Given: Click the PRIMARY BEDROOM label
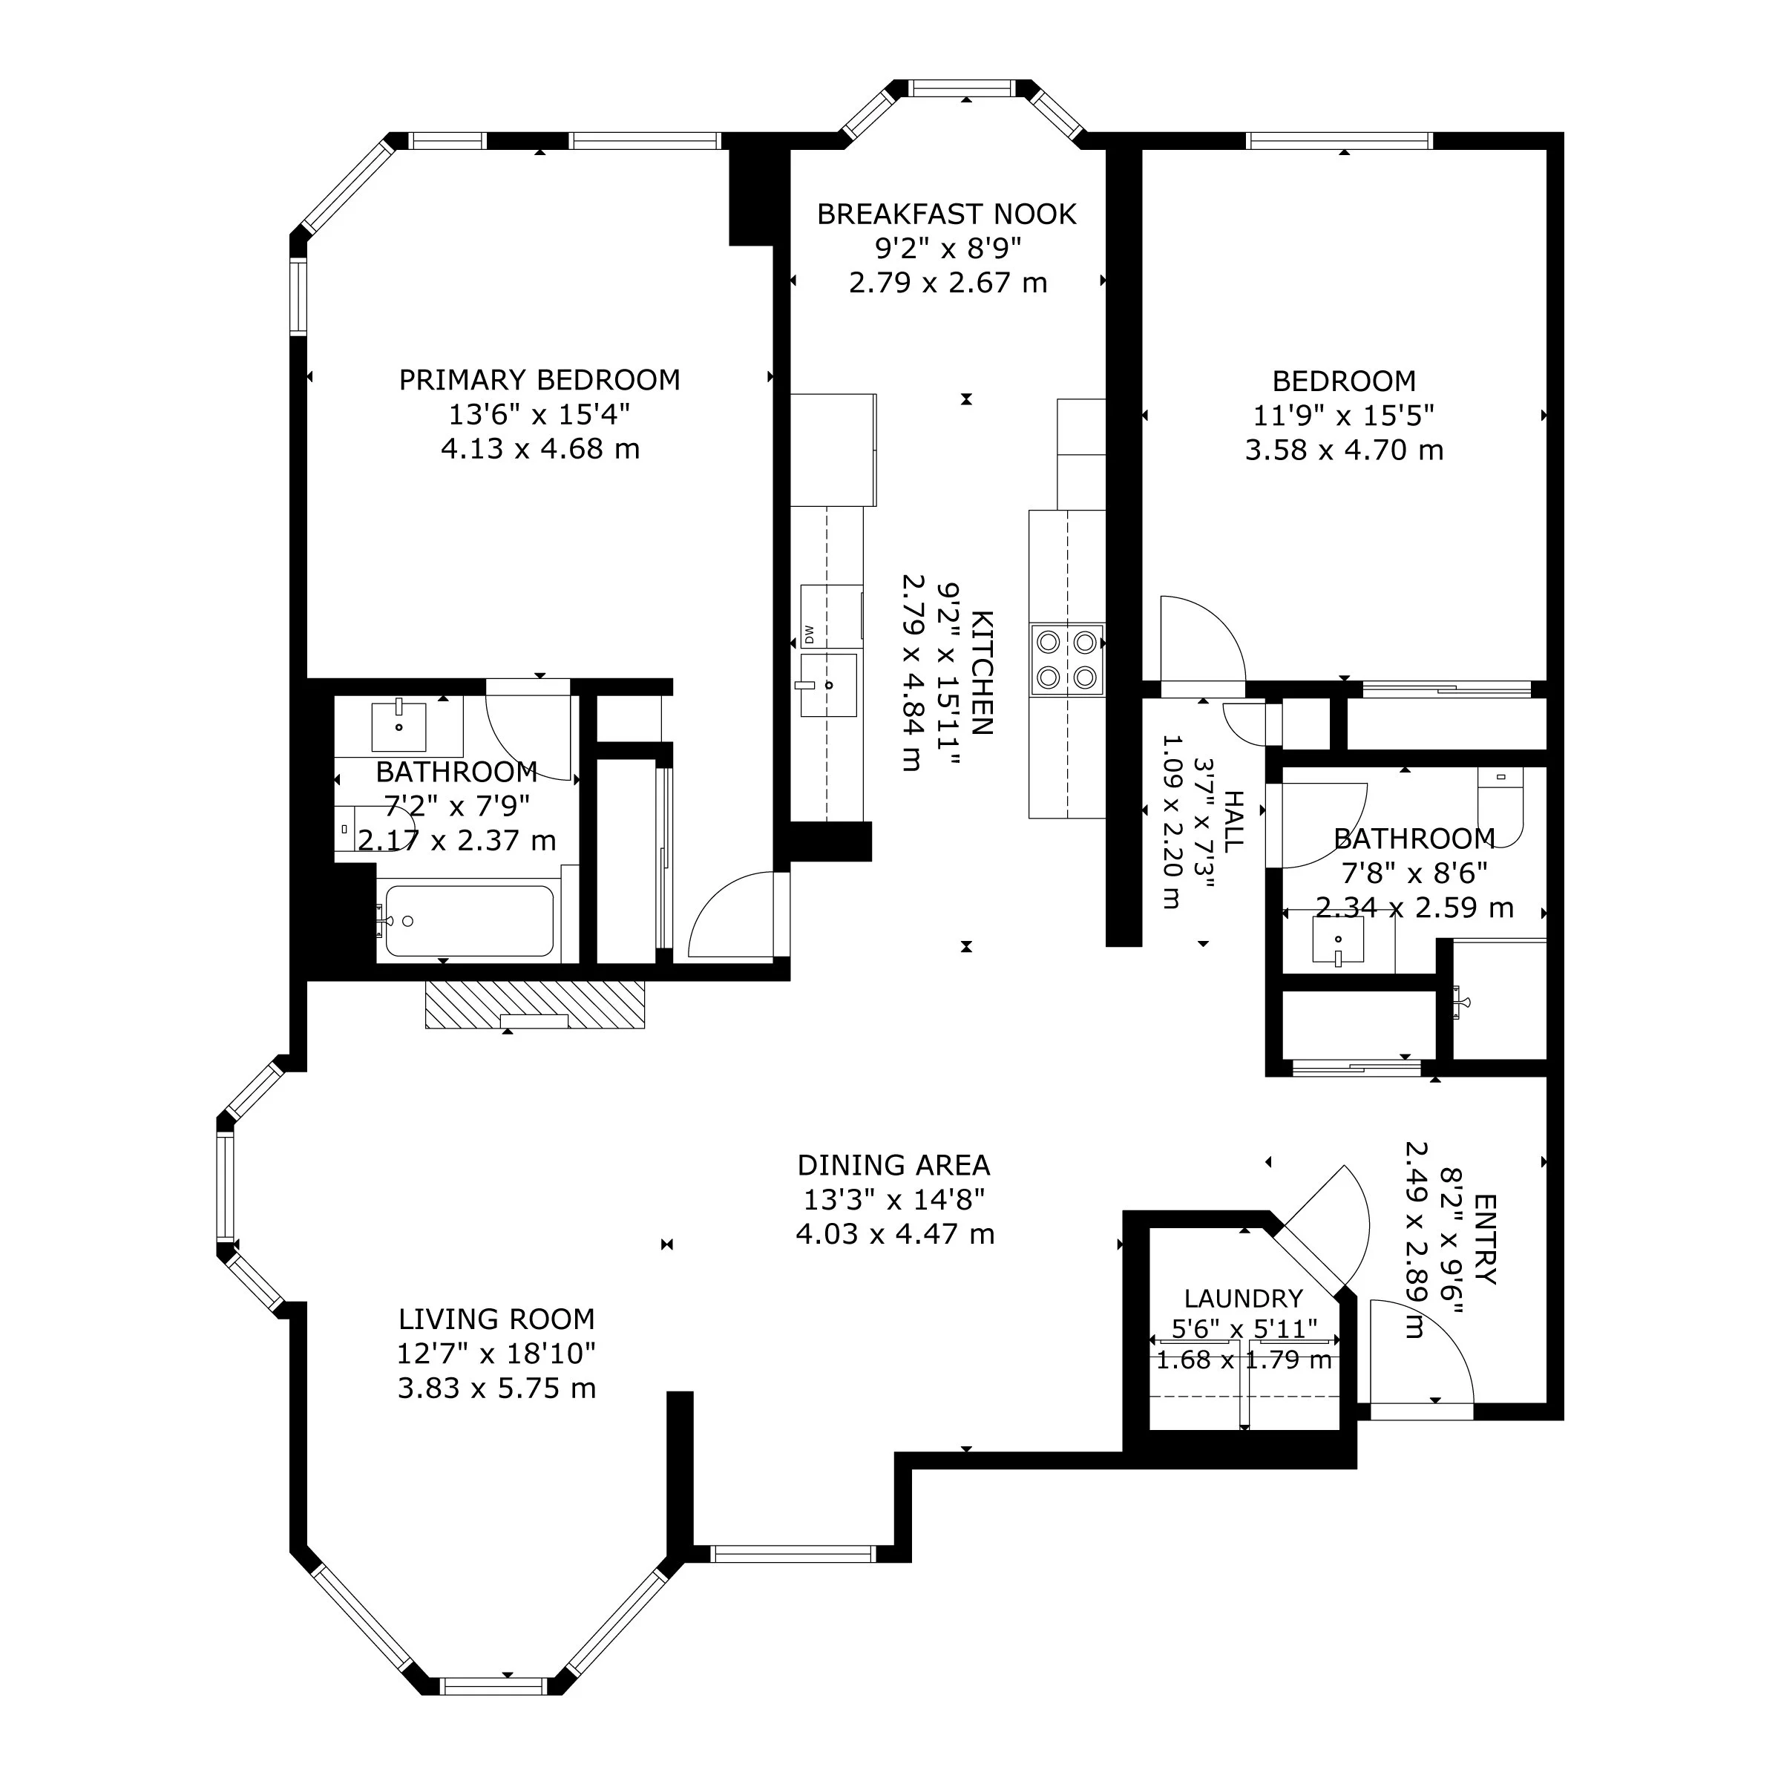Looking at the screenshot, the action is (x=539, y=380).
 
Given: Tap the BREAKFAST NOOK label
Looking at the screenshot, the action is (x=947, y=214).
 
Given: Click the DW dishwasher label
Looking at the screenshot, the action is (x=808, y=635).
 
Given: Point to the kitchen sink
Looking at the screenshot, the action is (x=828, y=685).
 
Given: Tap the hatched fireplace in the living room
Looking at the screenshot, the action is (x=534, y=1004).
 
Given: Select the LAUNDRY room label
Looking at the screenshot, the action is (x=1243, y=1299).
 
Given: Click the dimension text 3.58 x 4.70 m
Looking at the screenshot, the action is (x=1344, y=450).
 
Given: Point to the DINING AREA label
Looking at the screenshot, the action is (x=893, y=1165).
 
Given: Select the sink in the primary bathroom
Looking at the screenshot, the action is (x=398, y=726).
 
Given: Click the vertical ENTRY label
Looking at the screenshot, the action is (x=1485, y=1239).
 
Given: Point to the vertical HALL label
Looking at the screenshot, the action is (x=1233, y=821).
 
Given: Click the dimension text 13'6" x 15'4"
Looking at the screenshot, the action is (x=539, y=414).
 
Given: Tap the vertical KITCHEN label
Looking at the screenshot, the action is (x=982, y=672).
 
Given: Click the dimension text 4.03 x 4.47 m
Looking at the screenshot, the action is (x=895, y=1233).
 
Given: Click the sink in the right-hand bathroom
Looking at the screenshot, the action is (x=1337, y=940).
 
